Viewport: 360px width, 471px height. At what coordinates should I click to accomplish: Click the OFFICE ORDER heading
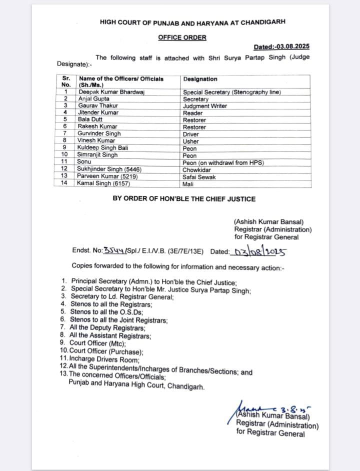[x=182, y=37]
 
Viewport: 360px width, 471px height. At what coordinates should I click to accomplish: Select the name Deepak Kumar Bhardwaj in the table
[x=110, y=92]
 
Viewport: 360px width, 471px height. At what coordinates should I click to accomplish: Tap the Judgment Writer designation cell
[x=205, y=106]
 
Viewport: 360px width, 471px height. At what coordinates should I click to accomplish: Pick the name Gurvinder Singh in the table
[x=99, y=134]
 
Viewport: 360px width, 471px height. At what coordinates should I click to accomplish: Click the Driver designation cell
[x=191, y=134]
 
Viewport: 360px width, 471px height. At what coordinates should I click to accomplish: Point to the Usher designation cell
[x=191, y=141]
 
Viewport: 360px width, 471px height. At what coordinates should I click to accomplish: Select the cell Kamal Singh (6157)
[x=103, y=183]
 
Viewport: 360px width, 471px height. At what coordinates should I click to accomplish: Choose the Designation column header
[x=200, y=79]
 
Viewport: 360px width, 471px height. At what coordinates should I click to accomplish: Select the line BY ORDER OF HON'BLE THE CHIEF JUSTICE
[x=184, y=199]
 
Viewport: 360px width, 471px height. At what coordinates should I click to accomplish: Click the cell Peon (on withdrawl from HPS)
[x=223, y=162]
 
